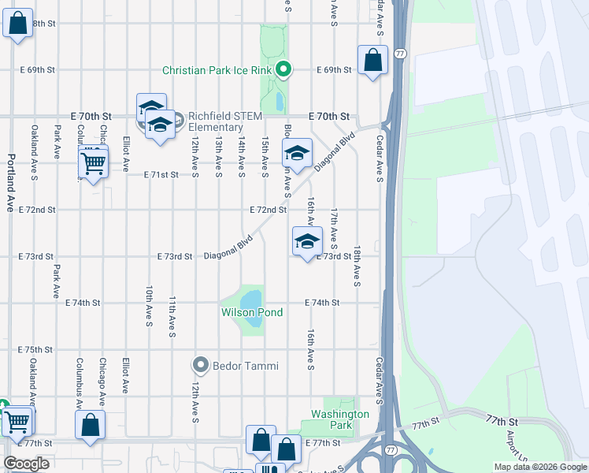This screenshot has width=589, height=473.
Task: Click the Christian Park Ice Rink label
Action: point(217,70)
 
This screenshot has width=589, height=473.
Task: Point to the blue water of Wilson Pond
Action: point(250,299)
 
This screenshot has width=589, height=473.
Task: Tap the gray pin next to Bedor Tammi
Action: point(200,365)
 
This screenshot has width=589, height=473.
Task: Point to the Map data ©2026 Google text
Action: point(540,467)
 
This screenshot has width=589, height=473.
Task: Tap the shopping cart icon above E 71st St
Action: point(94,163)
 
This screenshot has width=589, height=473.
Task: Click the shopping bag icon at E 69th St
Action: point(372,60)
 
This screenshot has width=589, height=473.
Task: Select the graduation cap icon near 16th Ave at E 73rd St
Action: point(307,241)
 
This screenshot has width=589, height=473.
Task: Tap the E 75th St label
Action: point(34,349)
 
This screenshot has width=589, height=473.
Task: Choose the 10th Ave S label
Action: point(148,306)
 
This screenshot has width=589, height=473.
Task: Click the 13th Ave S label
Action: point(218,155)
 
